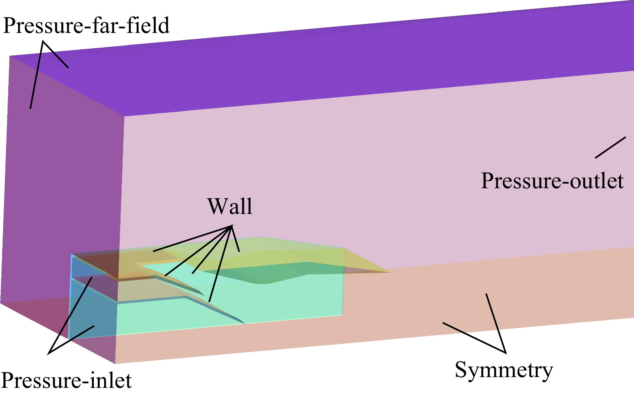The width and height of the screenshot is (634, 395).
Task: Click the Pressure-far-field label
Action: (86, 26)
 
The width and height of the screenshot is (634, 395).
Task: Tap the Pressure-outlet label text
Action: (552, 181)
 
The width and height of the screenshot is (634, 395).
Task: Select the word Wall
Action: (230, 206)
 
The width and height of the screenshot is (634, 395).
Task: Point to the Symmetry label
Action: (504, 370)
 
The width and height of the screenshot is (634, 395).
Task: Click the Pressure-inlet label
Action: (67, 380)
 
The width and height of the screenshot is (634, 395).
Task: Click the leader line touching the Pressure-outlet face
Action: (610, 147)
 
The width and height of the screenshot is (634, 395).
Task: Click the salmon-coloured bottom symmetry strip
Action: (394, 315)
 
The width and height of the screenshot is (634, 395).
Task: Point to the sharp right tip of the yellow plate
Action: (390, 272)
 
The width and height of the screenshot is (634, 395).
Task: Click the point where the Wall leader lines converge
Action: (232, 226)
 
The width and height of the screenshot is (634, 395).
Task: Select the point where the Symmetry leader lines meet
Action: (506, 353)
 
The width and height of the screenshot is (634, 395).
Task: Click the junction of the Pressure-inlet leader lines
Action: (48, 354)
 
